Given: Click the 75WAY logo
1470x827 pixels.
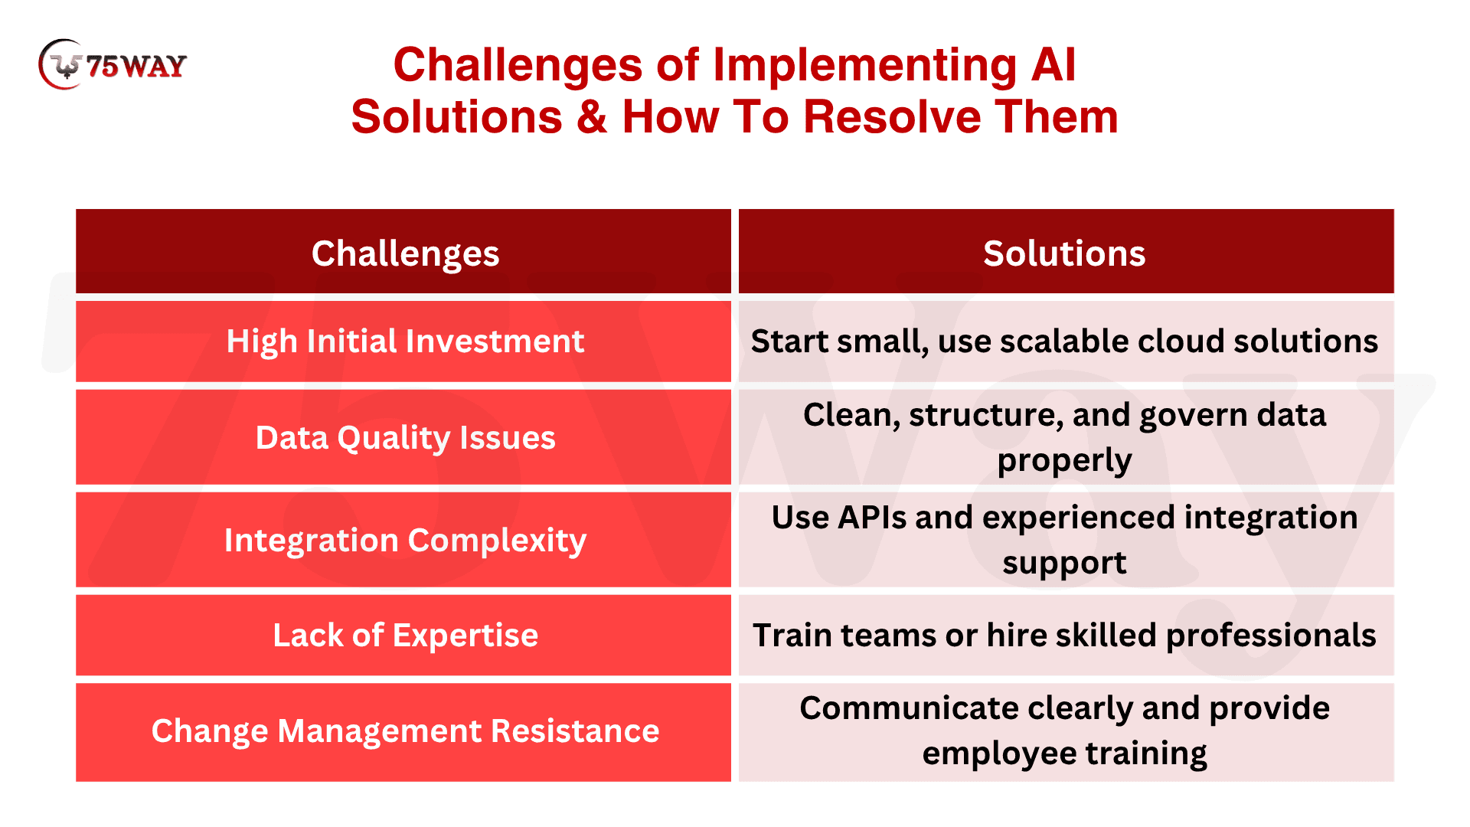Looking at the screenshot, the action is point(113,64).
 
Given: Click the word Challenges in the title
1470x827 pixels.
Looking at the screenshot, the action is point(518,65).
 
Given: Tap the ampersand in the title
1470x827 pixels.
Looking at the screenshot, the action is point(592,117).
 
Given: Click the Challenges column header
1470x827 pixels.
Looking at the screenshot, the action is point(403,251).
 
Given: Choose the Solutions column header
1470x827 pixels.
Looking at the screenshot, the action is point(1066,251).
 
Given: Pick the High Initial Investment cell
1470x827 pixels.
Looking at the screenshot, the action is point(403,342).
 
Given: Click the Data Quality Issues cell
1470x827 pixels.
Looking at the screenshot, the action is point(403,437).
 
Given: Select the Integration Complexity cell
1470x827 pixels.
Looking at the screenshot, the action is point(403,540).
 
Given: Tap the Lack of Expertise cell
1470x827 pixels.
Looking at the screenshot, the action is point(403,636).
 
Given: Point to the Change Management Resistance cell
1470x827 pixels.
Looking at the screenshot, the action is point(403,732).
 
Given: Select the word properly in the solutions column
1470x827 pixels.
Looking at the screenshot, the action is point(1065,461).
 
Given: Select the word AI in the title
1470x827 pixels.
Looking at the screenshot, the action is point(1053,65).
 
